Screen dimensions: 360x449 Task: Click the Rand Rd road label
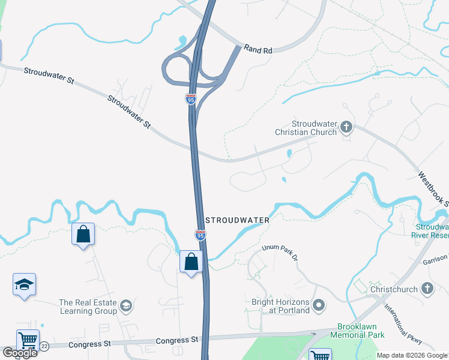pos(259,50)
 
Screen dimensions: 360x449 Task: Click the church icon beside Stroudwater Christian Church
pos(346,127)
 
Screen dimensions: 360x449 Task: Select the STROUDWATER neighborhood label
pos(238,220)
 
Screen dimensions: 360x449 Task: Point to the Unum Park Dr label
pos(280,252)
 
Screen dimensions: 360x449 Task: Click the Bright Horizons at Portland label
pos(281,306)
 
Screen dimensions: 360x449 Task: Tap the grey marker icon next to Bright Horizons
pos(319,306)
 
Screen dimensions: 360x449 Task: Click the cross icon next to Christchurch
pos(427,289)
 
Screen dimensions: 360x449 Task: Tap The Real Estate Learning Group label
pos(88,307)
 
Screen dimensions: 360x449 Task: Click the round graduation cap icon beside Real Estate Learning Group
pos(126,307)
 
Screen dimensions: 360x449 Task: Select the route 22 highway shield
pos(44,346)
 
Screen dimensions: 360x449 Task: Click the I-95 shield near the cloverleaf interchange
pos(190,99)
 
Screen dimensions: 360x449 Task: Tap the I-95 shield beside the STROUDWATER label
pos(200,235)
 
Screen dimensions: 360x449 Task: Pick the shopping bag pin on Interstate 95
pos(191,262)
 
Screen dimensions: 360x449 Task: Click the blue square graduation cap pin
pos(25,285)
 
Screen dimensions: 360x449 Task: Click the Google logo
pos(20,353)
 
